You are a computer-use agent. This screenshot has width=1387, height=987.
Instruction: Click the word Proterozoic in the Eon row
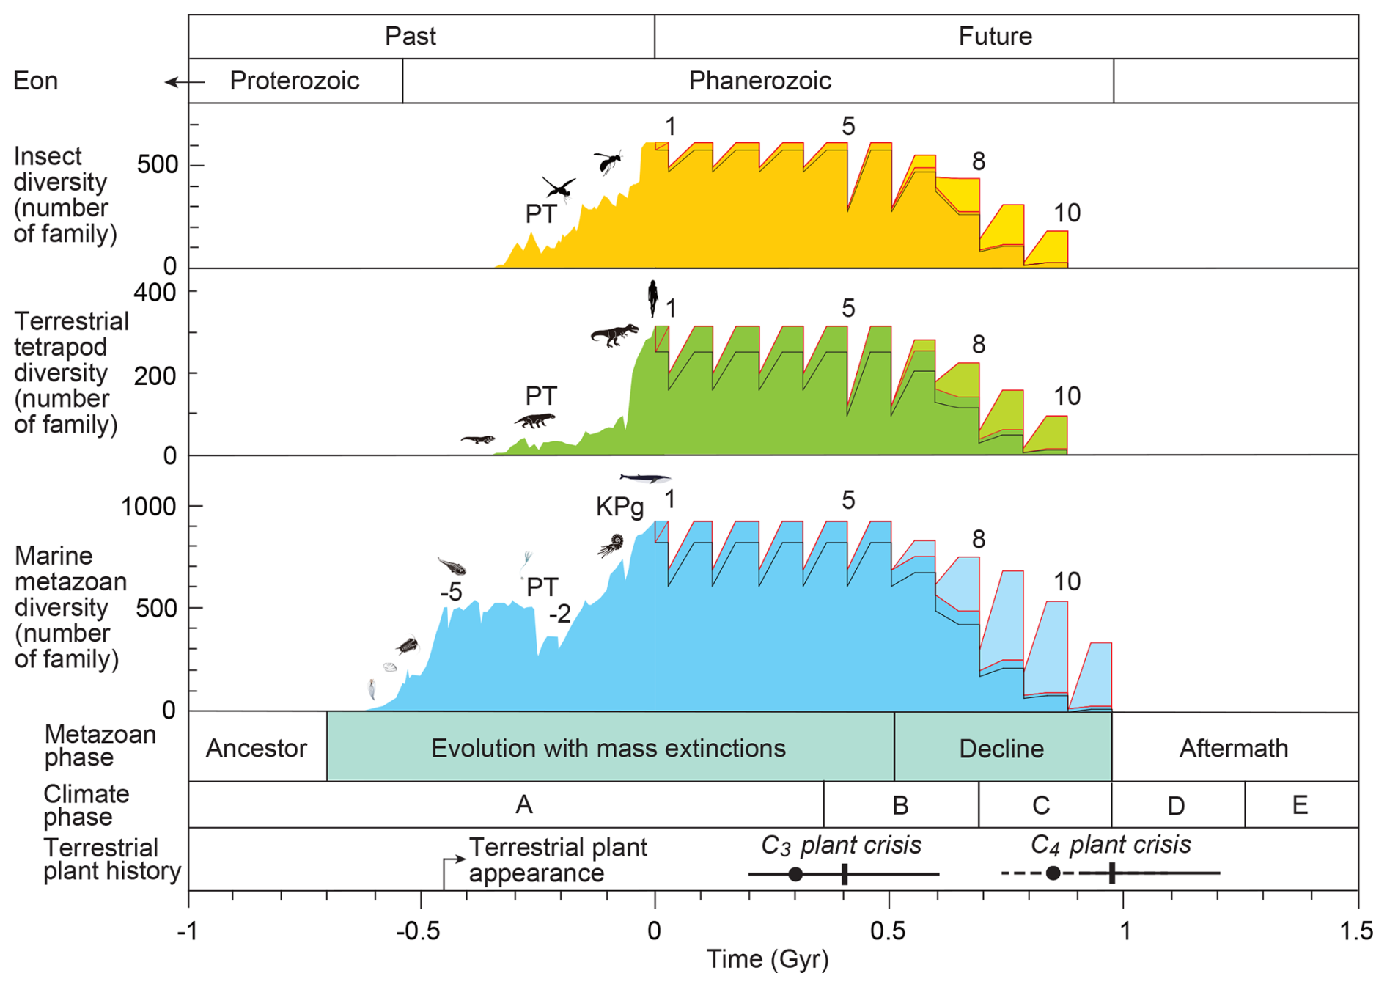pos(294,81)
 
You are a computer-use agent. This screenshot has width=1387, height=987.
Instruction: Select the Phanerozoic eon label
pos(759,81)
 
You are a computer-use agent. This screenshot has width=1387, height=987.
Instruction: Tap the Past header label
pos(411,36)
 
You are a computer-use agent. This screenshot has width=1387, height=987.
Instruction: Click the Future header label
pos(995,36)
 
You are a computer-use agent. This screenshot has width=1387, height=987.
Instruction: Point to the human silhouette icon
pos(652,297)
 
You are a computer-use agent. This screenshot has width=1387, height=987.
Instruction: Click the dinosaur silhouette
pos(614,334)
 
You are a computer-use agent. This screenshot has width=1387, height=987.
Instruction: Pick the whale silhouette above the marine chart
pos(645,479)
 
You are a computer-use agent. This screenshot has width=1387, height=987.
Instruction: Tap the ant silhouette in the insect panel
pos(608,161)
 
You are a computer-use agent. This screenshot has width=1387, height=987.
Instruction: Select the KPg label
pos(619,507)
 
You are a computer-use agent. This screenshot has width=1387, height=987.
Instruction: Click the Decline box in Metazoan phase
pos(1001,749)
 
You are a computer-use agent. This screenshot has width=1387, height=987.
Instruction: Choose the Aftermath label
pos(1233,749)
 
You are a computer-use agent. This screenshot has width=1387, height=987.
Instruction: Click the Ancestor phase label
pos(257,749)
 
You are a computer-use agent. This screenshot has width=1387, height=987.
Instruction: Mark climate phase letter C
pos(1041,805)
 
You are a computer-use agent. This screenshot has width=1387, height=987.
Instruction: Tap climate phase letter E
pos(1300,805)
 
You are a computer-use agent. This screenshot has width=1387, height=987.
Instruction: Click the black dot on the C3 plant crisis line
pos(795,874)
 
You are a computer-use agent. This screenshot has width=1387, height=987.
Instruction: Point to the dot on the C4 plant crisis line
pos(1053,873)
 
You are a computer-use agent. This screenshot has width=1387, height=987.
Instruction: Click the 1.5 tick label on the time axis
pos(1356,931)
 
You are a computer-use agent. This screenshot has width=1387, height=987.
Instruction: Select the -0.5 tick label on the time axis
pos(418,931)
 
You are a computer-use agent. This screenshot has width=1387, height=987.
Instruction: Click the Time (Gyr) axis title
pos(767,959)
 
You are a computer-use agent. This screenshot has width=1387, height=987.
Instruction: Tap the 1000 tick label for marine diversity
pos(149,507)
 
